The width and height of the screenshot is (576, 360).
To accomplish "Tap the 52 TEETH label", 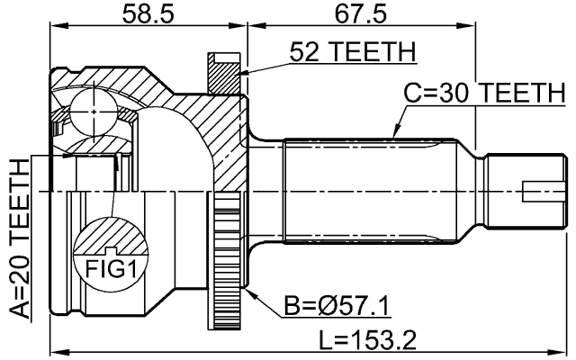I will coord(353,53).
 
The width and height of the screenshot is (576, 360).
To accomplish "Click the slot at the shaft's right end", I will coord(537,191).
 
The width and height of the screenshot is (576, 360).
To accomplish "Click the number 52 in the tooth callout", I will coord(303,53).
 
